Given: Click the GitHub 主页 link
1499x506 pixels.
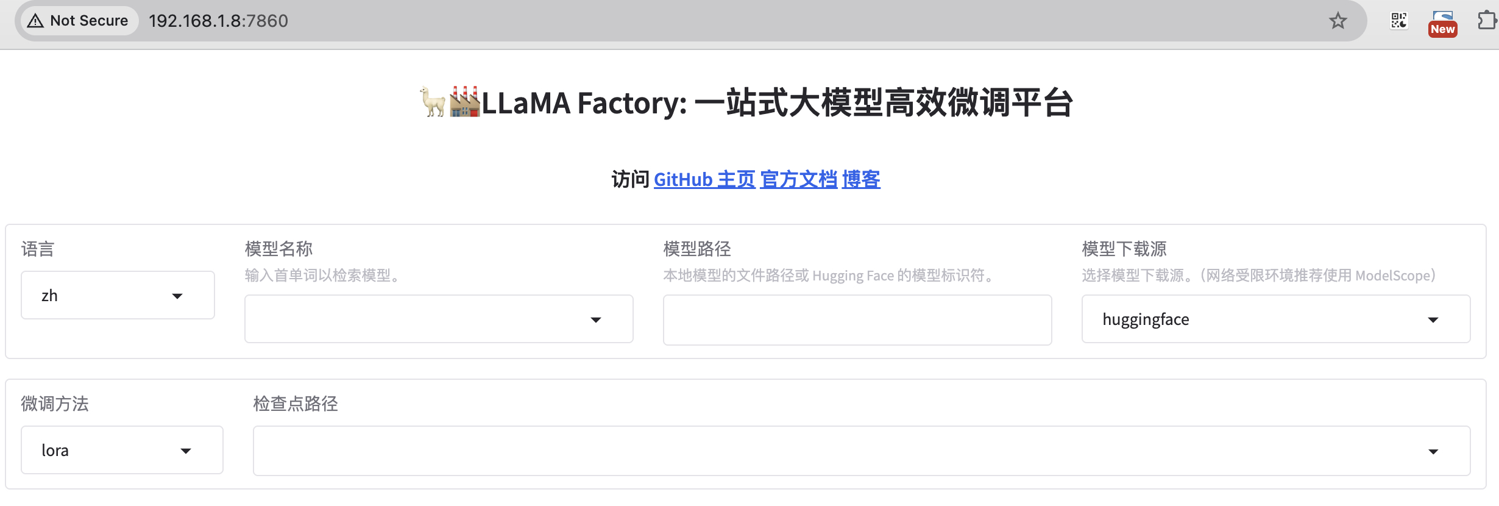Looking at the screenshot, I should coord(704,180).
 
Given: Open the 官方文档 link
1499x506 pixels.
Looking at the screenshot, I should coord(798,180).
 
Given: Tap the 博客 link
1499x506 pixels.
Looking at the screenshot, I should coord(860,180).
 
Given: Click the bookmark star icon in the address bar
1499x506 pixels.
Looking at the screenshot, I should coord(1338,21).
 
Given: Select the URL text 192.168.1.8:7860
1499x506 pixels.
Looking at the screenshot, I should coord(218,21).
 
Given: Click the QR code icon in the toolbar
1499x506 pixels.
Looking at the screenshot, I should coord(1399,21).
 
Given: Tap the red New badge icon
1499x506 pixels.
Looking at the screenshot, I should coord(1442,24).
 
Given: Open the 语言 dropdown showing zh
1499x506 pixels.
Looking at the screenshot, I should coord(118,296).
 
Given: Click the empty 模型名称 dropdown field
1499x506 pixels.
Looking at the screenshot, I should coord(439,319).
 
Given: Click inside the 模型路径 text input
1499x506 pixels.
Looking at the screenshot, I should coord(857,320).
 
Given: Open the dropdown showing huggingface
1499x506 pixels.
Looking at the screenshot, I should coord(1275,319).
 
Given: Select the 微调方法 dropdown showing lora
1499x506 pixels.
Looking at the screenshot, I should coord(122,451).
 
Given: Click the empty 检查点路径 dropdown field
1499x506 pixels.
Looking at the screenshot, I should coord(861,451).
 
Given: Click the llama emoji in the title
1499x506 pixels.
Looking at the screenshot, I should coord(433,102).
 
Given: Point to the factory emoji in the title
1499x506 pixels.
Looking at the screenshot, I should coord(464,102).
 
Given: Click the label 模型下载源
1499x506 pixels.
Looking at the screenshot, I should coord(1124,249).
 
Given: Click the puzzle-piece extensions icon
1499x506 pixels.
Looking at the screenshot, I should coord(1486,21).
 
